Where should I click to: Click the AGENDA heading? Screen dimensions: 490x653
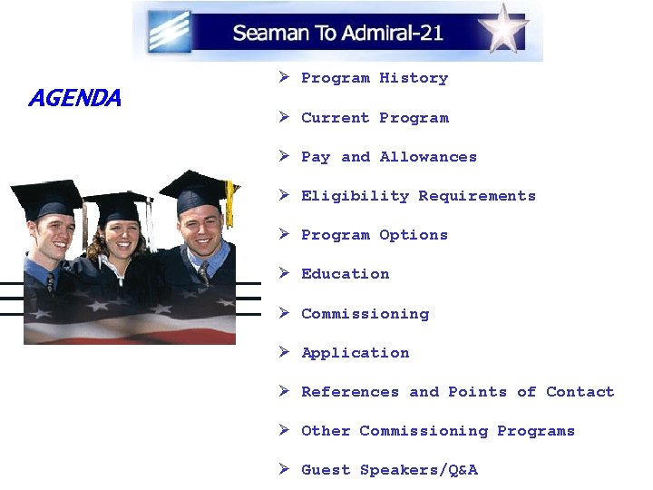coord(74,98)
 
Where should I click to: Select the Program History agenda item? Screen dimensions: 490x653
coord(374,79)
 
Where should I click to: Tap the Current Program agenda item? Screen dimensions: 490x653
coord(374,118)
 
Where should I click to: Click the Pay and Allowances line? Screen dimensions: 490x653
coord(388,157)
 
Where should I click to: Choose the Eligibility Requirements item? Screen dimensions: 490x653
coord(418,196)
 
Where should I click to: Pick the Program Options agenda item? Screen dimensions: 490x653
coord(374,235)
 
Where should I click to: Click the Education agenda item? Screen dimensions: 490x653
coord(345,274)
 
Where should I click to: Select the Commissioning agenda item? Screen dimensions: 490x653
coord(365,314)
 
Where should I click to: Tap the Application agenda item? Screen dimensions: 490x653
coord(355,353)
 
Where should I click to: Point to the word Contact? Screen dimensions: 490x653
coord(580,392)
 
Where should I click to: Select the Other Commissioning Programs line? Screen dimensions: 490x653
coord(437,431)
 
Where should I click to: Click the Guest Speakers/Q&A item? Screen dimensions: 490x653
coord(388,470)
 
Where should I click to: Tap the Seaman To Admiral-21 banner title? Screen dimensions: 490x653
coord(337,34)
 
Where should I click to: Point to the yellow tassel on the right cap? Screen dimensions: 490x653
coord(230,203)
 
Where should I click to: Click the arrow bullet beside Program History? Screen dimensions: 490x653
coord(284,78)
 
